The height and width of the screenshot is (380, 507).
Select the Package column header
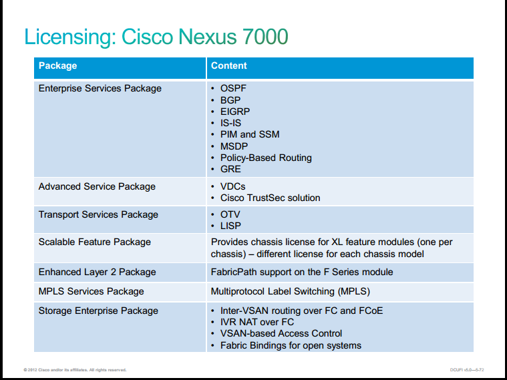tap(58, 65)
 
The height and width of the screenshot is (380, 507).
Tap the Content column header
tap(228, 65)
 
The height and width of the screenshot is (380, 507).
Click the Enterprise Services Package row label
tap(100, 88)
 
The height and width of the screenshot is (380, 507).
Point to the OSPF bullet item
tap(233, 88)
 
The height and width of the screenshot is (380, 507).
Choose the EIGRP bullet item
tap(235, 112)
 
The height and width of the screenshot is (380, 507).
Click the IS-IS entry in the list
tap(230, 123)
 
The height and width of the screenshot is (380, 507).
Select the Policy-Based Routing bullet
tap(266, 158)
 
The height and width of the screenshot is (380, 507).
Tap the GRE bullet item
tap(230, 169)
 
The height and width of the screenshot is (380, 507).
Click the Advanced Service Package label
tap(97, 186)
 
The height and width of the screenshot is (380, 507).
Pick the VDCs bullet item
tap(233, 186)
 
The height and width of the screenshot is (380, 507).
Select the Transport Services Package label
tap(98, 215)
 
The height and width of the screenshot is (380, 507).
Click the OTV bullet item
tap(230, 215)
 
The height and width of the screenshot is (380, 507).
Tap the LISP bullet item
tap(230, 226)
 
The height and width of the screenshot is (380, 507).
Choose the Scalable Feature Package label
tap(95, 242)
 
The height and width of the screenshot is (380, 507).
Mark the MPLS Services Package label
tap(92, 291)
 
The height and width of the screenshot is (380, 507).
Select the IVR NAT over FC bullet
tap(257, 322)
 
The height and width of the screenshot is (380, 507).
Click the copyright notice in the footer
tap(75, 370)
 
